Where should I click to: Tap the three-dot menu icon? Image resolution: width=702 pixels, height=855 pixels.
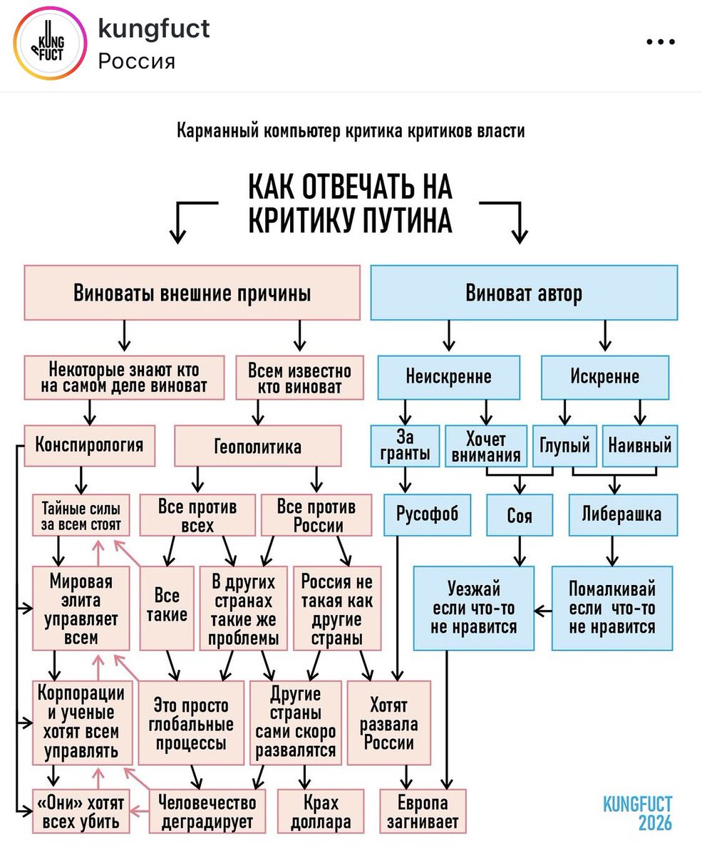point(659,43)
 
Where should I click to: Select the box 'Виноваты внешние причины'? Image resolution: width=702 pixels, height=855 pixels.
point(192,293)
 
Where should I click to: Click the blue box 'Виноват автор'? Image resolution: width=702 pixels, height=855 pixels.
point(523,293)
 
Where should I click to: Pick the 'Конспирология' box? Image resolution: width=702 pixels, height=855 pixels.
point(88,445)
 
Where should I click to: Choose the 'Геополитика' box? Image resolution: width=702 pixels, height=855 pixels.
point(257,447)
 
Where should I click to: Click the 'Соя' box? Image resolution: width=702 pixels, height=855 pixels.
point(520,515)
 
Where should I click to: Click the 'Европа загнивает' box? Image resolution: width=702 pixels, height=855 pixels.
point(422,811)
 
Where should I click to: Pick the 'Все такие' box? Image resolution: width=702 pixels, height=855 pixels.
point(167,607)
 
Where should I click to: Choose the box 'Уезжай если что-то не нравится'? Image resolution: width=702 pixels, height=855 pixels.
point(473,608)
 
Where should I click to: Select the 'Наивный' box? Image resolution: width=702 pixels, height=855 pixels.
point(639,447)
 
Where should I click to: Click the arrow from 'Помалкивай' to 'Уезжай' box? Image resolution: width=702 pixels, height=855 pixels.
point(543,610)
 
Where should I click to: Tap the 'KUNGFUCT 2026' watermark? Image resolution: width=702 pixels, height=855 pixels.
point(637,813)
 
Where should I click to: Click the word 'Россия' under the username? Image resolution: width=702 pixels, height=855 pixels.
point(136,61)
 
